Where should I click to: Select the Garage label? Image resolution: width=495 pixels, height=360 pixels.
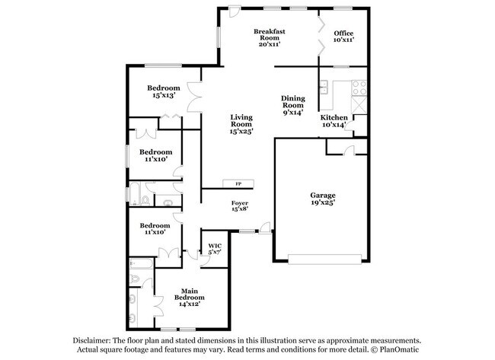pyautogui.click(x=322, y=196)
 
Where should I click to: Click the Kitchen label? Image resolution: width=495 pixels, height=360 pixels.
pyautogui.click(x=334, y=116)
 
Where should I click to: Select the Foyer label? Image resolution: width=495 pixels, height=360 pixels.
pyautogui.click(x=240, y=202)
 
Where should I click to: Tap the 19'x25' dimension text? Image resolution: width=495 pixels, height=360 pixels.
pyautogui.click(x=322, y=203)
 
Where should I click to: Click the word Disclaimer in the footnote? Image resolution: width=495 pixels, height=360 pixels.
pyautogui.click(x=91, y=342)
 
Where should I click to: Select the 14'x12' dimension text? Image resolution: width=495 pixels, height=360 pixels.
pyautogui.click(x=190, y=304)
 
